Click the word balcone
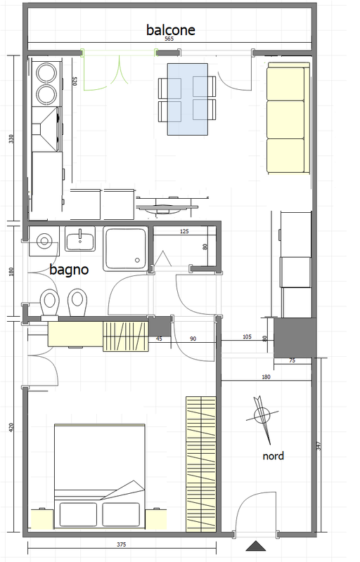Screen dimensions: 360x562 pyautogui.click(x=171, y=30)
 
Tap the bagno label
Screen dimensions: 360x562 pyautogui.click(x=69, y=270)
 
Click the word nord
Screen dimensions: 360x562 pyautogui.click(x=274, y=456)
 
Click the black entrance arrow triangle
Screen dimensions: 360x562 pyautogui.click(x=256, y=546)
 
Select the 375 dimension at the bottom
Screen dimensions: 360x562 pyautogui.click(x=122, y=544)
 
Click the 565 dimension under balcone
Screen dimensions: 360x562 pyautogui.click(x=169, y=39)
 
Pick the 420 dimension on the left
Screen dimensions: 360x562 pyautogui.click(x=11, y=427)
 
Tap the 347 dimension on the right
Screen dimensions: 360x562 pyautogui.click(x=319, y=446)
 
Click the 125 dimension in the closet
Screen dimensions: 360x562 pyautogui.click(x=184, y=232)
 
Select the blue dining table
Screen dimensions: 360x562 pyautogui.click(x=188, y=99)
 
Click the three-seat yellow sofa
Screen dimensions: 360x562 pyautogui.click(x=288, y=118)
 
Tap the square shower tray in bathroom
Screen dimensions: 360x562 pyautogui.click(x=125, y=249)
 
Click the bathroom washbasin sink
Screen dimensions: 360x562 pyautogui.click(x=80, y=238)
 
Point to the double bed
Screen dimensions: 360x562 pyautogui.click(x=100, y=476)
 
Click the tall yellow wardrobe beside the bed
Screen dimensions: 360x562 pyautogui.click(x=201, y=464)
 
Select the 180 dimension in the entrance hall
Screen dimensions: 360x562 pyautogui.click(x=266, y=377)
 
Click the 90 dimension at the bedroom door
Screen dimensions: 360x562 pyautogui.click(x=193, y=339)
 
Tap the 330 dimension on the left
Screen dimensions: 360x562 pyautogui.click(x=11, y=139)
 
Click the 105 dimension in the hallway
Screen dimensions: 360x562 pyautogui.click(x=247, y=337)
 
